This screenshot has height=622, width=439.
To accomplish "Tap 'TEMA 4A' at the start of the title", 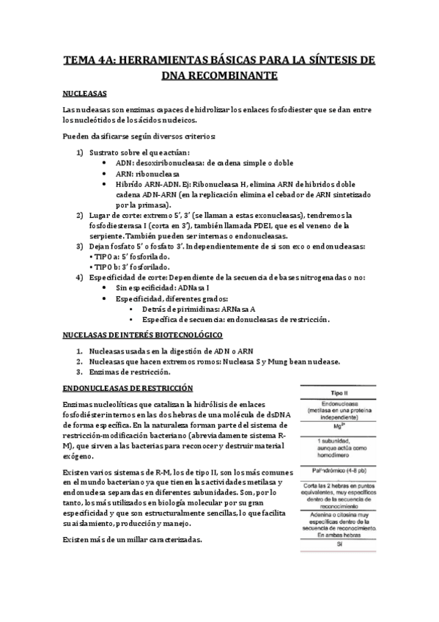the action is [86, 58].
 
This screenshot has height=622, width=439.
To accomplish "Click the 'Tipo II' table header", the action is [339, 393].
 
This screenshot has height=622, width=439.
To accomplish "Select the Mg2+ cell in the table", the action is [339, 425].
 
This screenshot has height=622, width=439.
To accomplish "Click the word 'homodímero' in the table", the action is [339, 450].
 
